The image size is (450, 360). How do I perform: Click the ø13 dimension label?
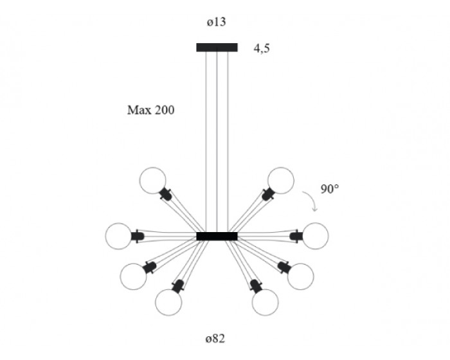[217, 22]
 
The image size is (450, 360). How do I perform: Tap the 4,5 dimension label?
[261, 48]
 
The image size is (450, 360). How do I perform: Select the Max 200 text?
[150, 110]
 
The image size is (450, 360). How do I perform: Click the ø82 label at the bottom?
[216, 337]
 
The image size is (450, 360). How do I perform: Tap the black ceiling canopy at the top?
[217, 47]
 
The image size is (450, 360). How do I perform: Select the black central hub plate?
[217, 236]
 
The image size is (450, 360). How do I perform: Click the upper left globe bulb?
[153, 179]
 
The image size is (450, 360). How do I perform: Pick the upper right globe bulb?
[280, 179]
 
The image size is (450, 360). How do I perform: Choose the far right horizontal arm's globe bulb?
[315, 235]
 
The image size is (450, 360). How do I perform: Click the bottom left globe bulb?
[168, 301]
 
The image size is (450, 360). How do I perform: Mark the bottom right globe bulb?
[265, 301]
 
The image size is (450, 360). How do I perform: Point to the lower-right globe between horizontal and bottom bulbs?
[300, 276]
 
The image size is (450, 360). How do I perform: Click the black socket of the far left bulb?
[138, 236]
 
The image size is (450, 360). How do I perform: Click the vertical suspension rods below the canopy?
[217, 141]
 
